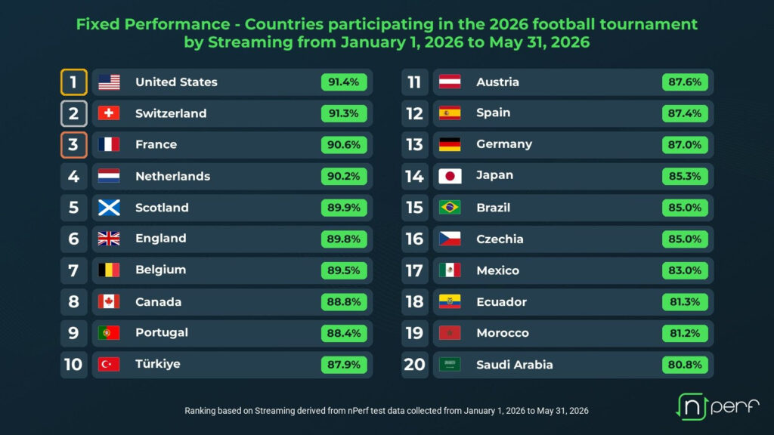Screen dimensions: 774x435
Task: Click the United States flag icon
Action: coord(109,82)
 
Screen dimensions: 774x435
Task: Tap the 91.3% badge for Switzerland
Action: coord(344,113)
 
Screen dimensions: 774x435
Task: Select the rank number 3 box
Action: coord(74,145)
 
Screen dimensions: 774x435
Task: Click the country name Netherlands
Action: coord(173,176)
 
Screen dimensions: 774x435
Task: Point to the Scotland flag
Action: coord(109,208)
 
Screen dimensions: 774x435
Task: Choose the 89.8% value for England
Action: coord(344,239)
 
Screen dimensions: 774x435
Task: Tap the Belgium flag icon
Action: coord(109,270)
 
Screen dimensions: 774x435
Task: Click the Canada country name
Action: coord(159,302)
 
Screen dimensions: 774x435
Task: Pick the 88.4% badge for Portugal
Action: coord(344,333)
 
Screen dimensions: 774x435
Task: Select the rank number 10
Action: coord(73,365)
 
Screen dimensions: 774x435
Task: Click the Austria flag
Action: coord(450,82)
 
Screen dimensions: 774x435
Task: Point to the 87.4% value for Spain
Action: coord(685,113)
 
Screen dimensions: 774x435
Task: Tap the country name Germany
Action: coord(504,144)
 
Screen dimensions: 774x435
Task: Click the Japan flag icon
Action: coord(450,176)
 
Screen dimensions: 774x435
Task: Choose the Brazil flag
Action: coord(450,208)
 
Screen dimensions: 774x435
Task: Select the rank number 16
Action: coord(415,239)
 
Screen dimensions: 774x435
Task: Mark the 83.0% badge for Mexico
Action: coord(685,271)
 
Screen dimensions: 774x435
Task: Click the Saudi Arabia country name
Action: coord(514,365)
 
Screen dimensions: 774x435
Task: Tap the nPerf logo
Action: coord(717,406)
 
